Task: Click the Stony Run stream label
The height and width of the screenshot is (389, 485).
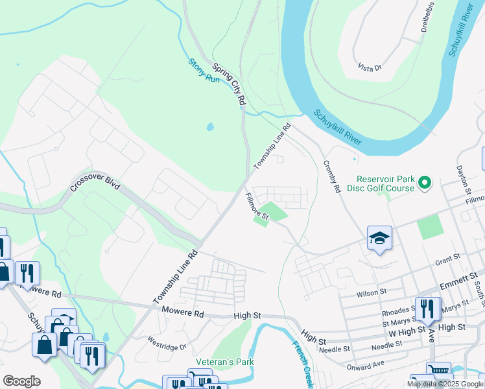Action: [204, 70]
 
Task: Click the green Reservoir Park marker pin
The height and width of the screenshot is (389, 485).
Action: [425, 183]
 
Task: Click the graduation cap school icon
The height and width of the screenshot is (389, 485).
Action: [379, 239]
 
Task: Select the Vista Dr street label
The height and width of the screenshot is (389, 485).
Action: [370, 66]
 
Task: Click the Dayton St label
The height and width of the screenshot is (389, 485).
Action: [465, 178]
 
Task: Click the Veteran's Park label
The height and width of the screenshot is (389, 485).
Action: [217, 361]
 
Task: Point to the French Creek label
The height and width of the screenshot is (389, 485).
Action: [303, 363]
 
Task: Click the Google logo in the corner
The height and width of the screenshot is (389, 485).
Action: [21, 381]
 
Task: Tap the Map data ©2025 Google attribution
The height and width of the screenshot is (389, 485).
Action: [444, 384]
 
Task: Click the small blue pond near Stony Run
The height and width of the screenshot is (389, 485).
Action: [210, 127]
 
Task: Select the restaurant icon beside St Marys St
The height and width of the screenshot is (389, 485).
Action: [427, 309]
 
